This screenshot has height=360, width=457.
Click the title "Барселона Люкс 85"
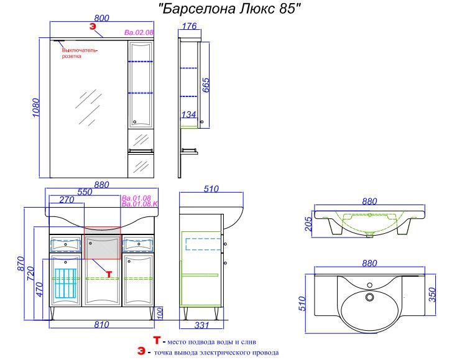[x=229, y=9]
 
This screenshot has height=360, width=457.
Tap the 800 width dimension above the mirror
[x=102, y=18]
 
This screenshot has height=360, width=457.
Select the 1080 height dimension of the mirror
[x=36, y=108]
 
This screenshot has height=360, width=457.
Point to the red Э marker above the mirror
[x=93, y=27]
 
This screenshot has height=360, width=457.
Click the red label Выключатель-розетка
[x=80, y=53]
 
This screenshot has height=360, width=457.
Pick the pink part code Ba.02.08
[x=139, y=32]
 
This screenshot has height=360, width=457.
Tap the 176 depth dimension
[x=190, y=26]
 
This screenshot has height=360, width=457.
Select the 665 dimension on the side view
[x=205, y=85]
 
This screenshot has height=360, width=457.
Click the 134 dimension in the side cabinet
[x=188, y=114]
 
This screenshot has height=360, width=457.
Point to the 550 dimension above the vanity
[x=85, y=192]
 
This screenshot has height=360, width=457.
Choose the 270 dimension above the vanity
[x=67, y=200]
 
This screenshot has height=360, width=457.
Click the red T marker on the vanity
[x=109, y=274]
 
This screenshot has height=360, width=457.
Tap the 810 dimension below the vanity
[x=102, y=325]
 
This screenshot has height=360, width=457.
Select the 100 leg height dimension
[x=160, y=313]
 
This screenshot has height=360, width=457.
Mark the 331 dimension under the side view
[x=201, y=325]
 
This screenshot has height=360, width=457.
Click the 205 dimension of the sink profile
[x=308, y=224]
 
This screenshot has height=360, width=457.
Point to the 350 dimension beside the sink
[x=432, y=295]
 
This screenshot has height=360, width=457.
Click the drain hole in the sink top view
[x=369, y=297]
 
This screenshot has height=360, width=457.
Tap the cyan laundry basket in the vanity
[x=65, y=283]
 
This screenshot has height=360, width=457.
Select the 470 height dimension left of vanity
[x=39, y=289]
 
